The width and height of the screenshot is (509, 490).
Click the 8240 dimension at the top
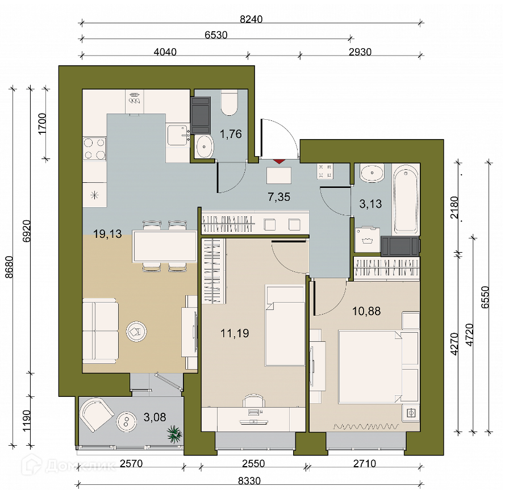click(x=251, y=19)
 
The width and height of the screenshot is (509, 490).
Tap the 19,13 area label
click(x=107, y=233)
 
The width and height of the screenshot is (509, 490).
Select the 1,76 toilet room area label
click(x=231, y=133)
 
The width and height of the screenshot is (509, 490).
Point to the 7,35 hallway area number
click(x=279, y=196)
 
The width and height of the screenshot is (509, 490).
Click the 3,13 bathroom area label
click(x=370, y=204)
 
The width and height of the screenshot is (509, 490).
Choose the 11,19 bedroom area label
click(x=235, y=333)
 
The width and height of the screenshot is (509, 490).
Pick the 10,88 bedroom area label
click(x=366, y=311)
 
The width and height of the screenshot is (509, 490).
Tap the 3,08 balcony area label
click(x=155, y=417)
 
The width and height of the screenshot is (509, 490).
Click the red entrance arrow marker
click(x=279, y=161)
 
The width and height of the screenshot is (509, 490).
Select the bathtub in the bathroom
click(x=406, y=199)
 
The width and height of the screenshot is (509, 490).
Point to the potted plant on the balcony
click(x=174, y=434)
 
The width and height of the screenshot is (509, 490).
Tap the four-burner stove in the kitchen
click(x=94, y=149)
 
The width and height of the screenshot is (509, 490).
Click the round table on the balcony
click(x=126, y=421)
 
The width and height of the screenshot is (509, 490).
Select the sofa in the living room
click(x=100, y=330)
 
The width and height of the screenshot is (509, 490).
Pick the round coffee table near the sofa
click(x=136, y=332)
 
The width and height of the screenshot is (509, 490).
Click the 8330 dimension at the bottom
click(x=249, y=480)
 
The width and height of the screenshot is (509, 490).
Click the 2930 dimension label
click(x=360, y=52)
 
